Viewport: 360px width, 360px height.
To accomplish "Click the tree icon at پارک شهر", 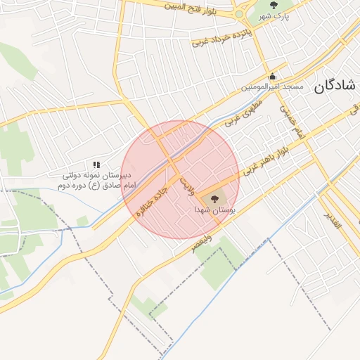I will click(x=273, y=6).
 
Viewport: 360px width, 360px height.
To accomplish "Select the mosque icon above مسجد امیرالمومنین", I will click(x=273, y=77).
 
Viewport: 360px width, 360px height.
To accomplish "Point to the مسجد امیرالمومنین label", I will click(x=273, y=87).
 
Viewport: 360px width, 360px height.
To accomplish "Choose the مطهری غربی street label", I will click(x=243, y=111).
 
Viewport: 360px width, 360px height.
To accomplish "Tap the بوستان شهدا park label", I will click(x=214, y=210).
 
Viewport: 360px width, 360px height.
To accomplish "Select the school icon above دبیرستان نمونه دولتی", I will click(x=96, y=164).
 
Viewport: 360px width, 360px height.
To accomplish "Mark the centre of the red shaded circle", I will click(x=180, y=179).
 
